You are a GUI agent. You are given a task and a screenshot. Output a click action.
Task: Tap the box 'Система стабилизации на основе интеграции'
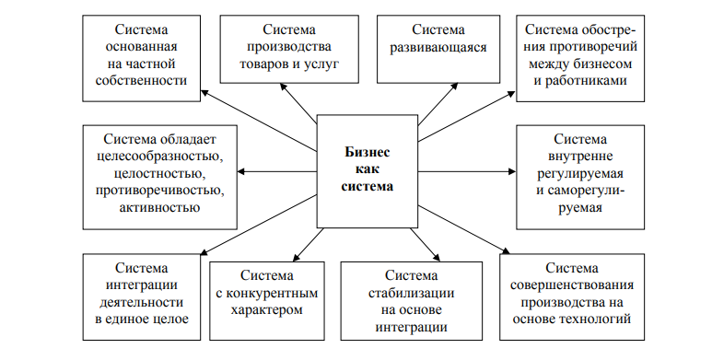411,300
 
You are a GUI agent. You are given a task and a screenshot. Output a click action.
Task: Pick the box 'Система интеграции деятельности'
142,294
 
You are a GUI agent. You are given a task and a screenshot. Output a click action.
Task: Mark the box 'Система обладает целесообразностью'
158,174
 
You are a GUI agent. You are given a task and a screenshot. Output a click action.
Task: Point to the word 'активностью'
158,209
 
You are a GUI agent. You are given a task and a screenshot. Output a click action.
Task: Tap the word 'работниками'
580,80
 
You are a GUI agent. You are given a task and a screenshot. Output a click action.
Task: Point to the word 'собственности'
141,80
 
